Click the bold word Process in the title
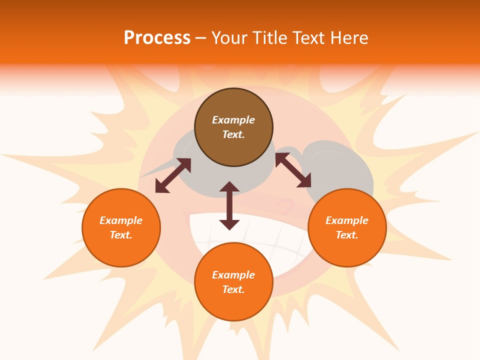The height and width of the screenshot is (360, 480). click(157, 38)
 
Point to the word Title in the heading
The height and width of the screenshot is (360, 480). click(271, 38)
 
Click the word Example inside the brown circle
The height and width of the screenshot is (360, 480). click(233, 120)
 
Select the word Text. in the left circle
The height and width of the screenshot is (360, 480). click(121, 235)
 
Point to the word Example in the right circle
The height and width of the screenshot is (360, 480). click(347, 220)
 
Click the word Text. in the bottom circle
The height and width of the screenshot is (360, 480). click(233, 289)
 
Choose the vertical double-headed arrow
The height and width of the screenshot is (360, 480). click(229, 205)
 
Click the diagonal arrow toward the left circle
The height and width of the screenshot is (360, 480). click(173, 175)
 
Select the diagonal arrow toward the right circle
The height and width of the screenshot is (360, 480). click(293, 170)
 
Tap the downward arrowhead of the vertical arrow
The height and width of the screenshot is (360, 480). click(229, 224)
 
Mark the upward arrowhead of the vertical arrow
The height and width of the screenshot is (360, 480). click(229, 186)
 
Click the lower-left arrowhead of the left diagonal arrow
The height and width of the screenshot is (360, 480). click(160, 187)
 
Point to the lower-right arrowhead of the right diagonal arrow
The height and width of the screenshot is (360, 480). click(304, 182)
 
